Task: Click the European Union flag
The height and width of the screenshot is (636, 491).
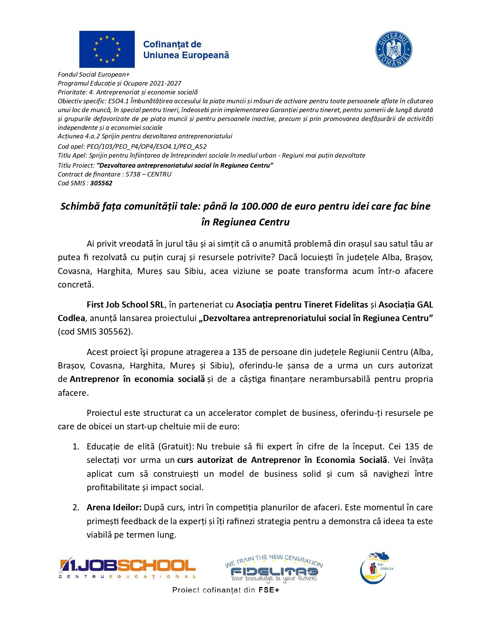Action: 107,49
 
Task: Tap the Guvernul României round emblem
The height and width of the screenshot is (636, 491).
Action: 394,50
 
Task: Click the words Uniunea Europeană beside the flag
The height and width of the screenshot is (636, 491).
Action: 186,56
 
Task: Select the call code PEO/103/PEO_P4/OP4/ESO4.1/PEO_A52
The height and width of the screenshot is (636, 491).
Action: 147,146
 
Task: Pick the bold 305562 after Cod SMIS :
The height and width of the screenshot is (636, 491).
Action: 101,183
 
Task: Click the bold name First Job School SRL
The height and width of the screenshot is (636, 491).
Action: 126,305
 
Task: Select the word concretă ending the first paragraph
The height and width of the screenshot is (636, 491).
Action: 75,285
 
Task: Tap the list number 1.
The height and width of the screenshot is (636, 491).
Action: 76,446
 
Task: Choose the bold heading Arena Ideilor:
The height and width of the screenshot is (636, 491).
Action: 114,507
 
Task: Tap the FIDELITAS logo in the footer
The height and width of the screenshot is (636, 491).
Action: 274,569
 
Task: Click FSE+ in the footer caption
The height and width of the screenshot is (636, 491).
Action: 268,590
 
